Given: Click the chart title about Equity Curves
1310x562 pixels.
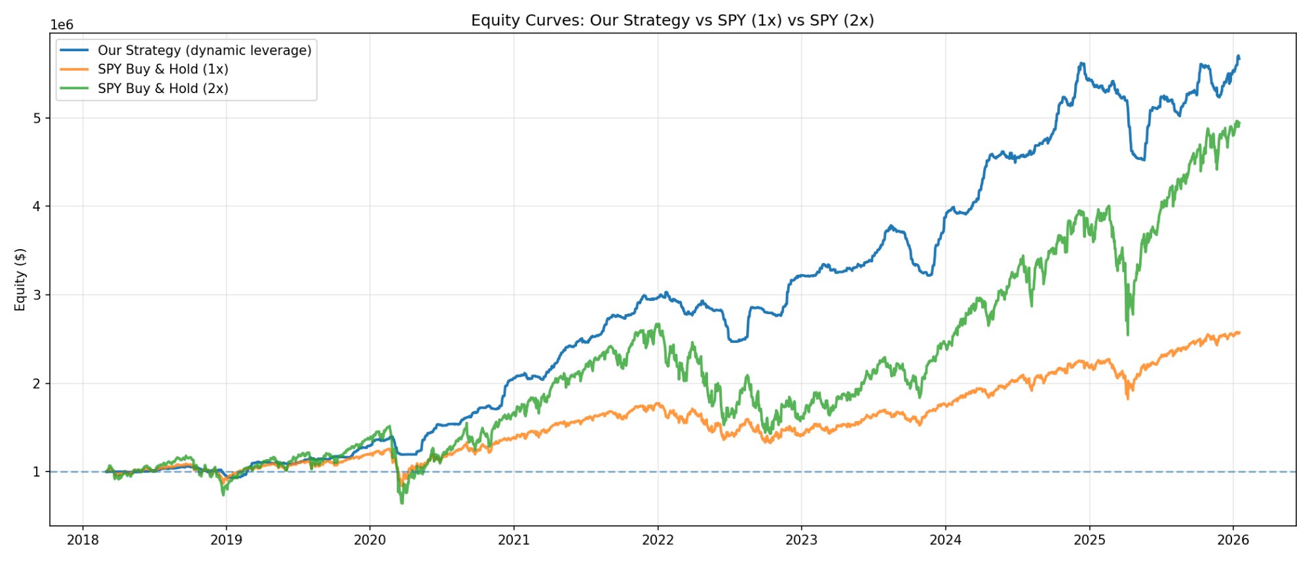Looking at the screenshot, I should click(x=672, y=20).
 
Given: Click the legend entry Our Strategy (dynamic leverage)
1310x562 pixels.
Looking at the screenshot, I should click(x=204, y=50).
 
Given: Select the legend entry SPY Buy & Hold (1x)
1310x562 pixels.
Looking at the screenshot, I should click(x=163, y=70).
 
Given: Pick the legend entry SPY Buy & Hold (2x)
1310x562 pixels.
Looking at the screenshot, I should click(x=163, y=89).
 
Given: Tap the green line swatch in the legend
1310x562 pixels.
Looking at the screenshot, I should click(x=74, y=89).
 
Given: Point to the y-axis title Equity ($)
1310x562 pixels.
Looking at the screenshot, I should click(x=20, y=279).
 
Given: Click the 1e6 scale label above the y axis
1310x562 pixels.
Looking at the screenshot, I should click(x=62, y=25).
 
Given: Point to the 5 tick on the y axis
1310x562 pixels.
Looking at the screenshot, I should click(x=37, y=118).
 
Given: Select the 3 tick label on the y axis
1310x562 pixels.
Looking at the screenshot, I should click(x=37, y=295).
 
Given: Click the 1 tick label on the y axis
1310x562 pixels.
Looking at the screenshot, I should click(x=37, y=472).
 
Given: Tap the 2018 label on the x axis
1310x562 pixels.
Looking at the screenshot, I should click(x=83, y=540).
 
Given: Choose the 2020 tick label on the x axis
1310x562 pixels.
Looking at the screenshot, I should click(x=370, y=540).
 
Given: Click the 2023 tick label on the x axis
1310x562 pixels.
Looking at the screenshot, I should click(x=802, y=540).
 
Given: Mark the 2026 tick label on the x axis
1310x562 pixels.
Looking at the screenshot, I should click(x=1233, y=540).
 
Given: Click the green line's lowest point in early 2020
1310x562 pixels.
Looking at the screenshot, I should click(x=402, y=502).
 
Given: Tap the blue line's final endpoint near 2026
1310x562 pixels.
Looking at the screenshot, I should click(x=1238, y=58).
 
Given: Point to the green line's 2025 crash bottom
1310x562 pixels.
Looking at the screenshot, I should click(x=1127, y=334).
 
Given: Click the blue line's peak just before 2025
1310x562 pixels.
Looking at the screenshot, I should click(x=1081, y=64).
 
